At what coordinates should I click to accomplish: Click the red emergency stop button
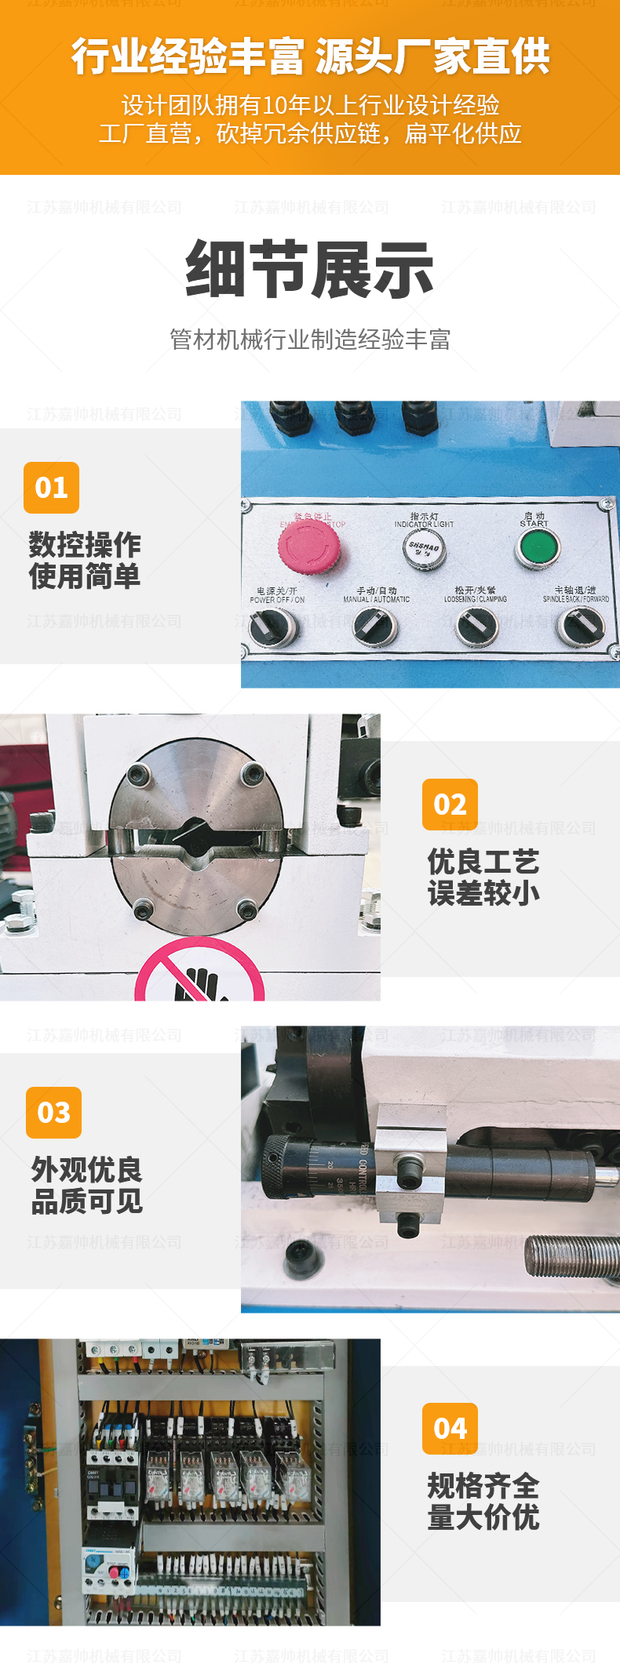[308, 543]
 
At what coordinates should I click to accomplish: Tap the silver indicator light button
[424, 548]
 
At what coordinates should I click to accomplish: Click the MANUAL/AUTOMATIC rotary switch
[375, 627]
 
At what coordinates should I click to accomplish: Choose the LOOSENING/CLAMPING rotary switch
[477, 627]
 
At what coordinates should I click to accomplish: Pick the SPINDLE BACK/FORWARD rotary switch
[580, 626]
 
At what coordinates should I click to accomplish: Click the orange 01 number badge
[52, 488]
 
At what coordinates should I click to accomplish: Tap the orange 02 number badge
[450, 805]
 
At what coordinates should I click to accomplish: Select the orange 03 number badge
[53, 1112]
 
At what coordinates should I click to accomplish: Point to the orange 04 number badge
[450, 1429]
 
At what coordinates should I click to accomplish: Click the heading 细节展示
[310, 269]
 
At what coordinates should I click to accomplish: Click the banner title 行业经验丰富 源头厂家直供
[310, 56]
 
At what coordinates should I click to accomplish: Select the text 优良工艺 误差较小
[483, 877]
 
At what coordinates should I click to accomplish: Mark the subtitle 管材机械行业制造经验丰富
[310, 340]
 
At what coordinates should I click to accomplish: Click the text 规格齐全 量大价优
[483, 1501]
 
